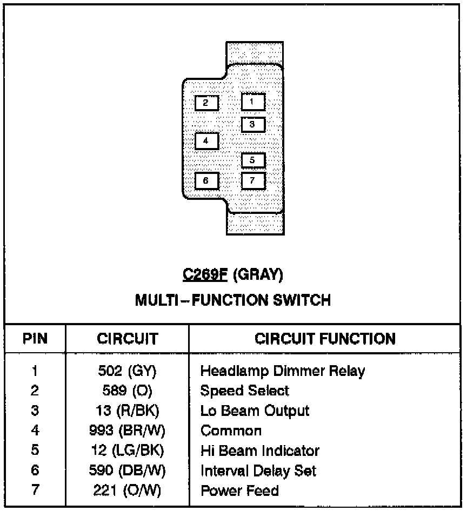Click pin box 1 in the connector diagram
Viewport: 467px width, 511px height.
pos(253,102)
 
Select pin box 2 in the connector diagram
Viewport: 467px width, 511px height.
pos(206,103)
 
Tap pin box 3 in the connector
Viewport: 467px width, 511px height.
pos(253,124)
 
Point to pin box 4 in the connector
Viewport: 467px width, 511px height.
pos(206,141)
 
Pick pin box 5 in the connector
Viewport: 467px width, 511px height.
pos(253,160)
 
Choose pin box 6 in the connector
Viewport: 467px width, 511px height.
pos(206,180)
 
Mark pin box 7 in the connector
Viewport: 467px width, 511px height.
pos(253,180)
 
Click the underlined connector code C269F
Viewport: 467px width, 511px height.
pos(206,275)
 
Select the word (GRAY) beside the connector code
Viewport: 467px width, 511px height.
pos(258,275)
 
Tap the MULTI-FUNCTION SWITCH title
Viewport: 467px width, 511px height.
pos(233,300)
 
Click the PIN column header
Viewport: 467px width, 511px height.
pos(35,339)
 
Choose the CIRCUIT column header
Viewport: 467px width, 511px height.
pos(127,339)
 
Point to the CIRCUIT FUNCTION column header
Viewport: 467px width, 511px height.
pos(325,339)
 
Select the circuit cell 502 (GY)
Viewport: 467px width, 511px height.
pos(127,371)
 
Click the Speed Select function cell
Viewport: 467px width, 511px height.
pos(244,391)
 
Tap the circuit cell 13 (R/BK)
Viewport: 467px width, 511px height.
pos(127,411)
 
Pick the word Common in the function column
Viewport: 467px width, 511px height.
pos(231,431)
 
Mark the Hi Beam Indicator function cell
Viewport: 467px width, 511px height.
pos(259,451)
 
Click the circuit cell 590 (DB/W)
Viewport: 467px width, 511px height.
pos(127,470)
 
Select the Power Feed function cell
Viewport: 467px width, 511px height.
pos(239,490)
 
